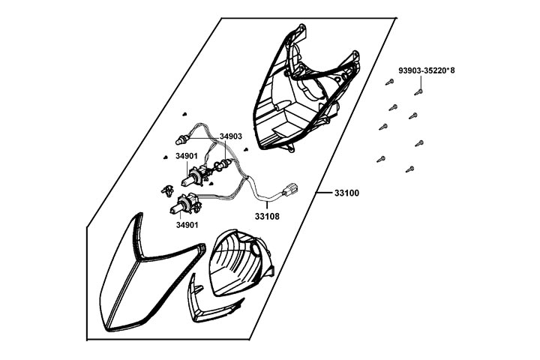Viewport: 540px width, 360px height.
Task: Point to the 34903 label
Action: coord(230,136)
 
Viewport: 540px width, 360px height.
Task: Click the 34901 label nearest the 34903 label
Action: coord(186,157)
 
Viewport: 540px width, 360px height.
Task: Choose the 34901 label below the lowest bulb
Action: coord(187,224)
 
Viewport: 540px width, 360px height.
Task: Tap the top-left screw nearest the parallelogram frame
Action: coord(389,82)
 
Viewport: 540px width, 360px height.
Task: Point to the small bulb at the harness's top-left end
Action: coord(181,138)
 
